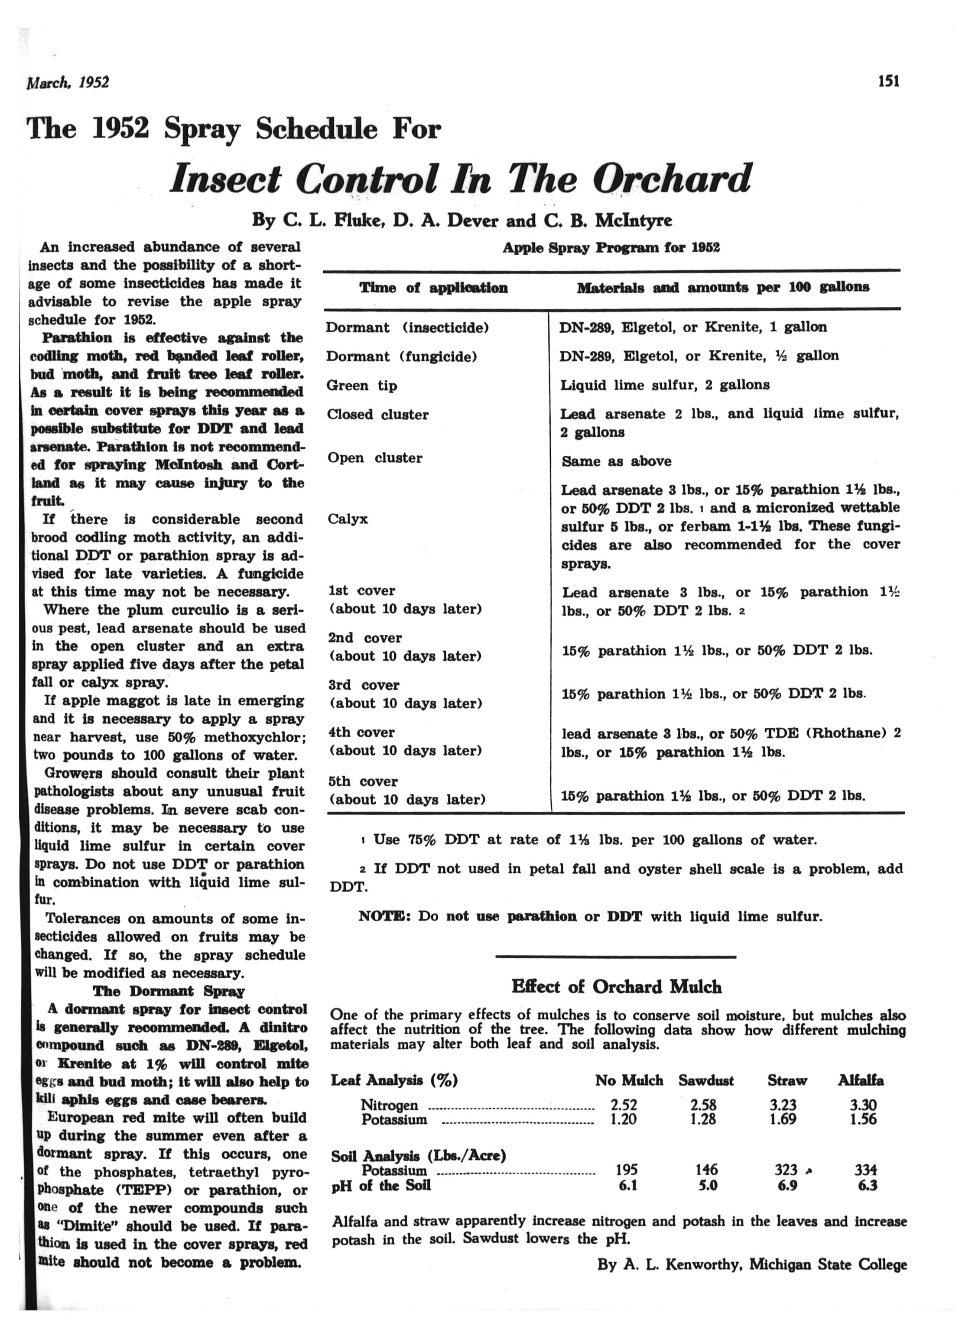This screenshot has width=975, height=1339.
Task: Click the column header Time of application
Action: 433,288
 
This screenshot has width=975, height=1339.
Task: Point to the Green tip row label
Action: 362,386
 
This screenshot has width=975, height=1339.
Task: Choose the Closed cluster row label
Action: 378,415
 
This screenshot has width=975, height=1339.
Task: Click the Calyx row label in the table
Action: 348,519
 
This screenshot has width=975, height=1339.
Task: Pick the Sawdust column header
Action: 706,1080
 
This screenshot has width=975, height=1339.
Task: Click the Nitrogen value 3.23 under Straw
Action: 783,1105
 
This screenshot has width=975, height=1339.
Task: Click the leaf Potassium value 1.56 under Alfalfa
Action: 863,1119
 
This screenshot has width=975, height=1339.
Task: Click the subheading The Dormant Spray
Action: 168,991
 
